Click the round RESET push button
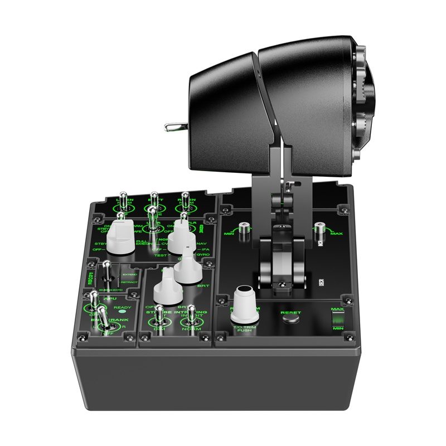(290, 322)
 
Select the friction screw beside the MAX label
(319, 229)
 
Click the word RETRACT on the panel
(129, 283)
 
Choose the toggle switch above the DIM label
(159, 316)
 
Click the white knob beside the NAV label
(181, 237)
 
